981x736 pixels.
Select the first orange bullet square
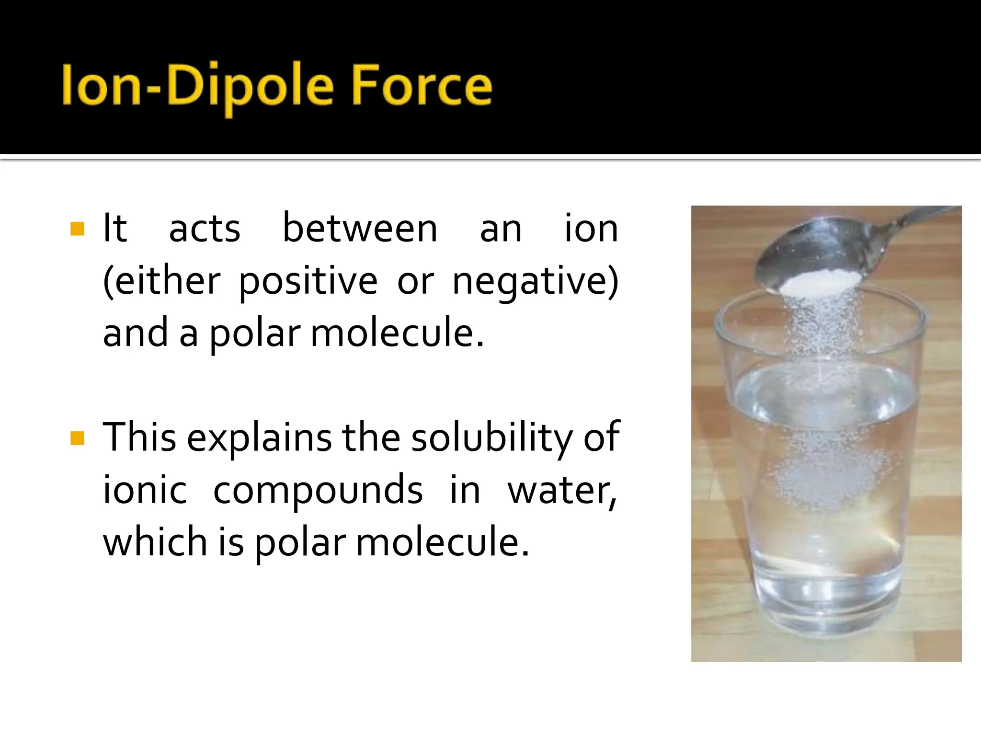[77, 229]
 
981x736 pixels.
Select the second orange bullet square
[77, 438]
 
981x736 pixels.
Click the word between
[360, 229]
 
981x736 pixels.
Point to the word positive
[308, 281]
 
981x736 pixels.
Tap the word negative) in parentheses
[536, 281]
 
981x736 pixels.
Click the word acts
[205, 229]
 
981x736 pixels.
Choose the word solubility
[491, 437]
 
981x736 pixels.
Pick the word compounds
[318, 490]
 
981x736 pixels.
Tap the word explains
[259, 438]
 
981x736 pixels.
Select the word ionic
[145, 490]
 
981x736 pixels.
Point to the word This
[139, 437]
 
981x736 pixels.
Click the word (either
[162, 281]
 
